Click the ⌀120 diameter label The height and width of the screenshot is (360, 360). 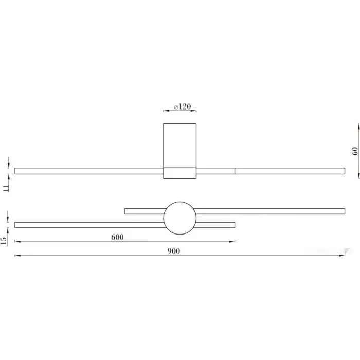[182, 106]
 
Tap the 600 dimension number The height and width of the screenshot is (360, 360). [117, 237]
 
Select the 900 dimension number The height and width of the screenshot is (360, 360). [174, 251]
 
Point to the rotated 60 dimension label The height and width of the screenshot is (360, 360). [355, 151]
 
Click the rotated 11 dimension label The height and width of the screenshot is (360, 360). [6, 188]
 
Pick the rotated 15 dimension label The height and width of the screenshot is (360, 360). [4, 241]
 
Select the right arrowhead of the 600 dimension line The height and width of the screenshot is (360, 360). [232, 242]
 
